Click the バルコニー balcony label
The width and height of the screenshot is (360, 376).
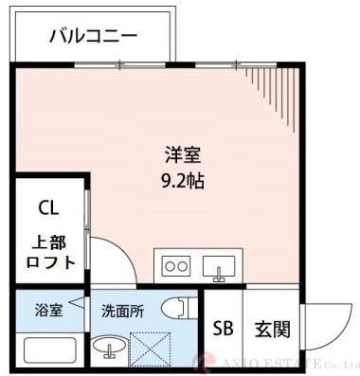93,36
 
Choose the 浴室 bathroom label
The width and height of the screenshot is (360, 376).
49,309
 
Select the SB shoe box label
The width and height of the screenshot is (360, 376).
224,329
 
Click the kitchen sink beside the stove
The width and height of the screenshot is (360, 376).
220,268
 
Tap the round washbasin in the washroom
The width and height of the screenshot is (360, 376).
110,352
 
